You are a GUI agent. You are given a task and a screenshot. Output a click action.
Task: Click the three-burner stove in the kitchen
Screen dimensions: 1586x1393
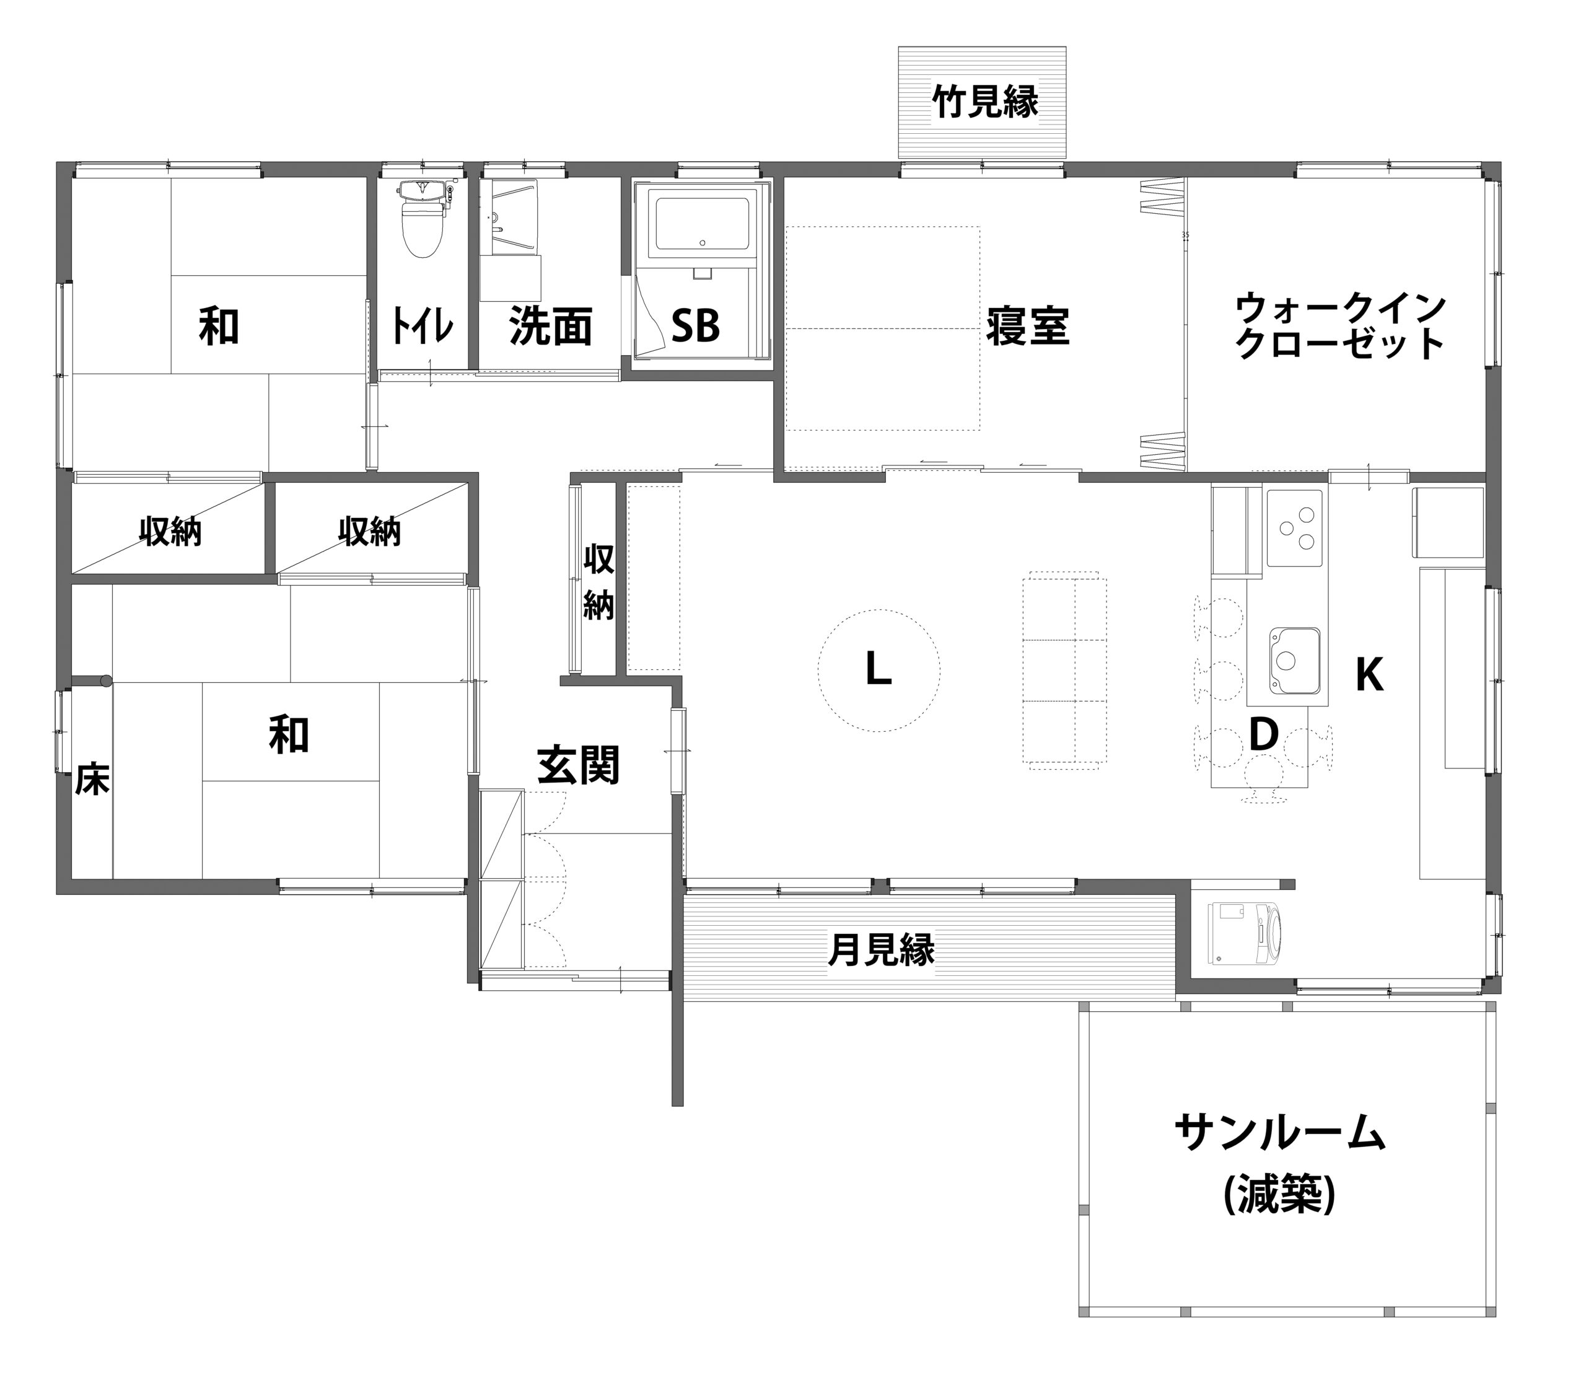coord(1294,528)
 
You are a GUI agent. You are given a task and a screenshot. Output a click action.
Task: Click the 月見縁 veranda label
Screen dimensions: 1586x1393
coord(882,949)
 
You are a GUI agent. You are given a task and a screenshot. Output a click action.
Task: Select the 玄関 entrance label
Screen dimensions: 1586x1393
coord(578,766)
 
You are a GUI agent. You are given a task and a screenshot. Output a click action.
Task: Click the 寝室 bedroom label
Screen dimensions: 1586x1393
coord(1028,327)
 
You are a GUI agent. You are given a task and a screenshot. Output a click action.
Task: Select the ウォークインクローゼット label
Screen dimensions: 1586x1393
coord(1340,327)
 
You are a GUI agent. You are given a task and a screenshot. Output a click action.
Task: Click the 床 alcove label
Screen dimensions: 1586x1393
coord(92,781)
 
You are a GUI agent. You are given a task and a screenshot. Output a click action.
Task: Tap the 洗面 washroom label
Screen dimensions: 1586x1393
coord(551,327)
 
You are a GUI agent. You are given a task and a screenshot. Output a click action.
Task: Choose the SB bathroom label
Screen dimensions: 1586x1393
coord(695,327)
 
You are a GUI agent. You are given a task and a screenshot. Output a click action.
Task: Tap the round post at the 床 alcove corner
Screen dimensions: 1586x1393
coord(105,680)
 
